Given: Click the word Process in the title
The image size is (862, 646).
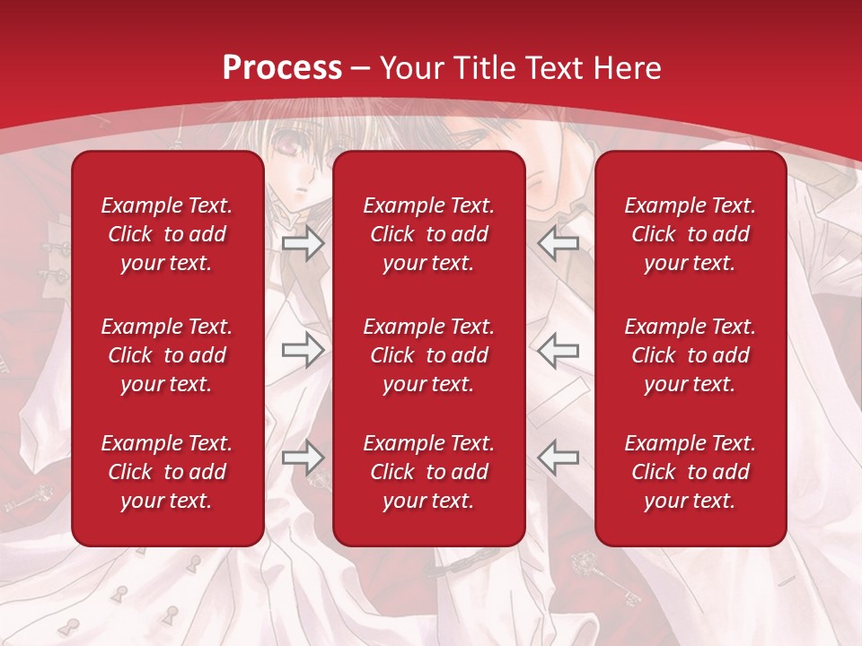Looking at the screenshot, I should (282, 67).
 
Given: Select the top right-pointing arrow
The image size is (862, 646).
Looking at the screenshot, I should (303, 242).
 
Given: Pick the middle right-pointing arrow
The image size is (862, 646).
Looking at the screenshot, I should (303, 350).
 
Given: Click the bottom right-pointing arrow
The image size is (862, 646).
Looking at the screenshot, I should (303, 458).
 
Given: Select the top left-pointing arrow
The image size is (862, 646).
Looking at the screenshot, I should (559, 242).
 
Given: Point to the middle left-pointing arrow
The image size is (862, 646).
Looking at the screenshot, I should (559, 350).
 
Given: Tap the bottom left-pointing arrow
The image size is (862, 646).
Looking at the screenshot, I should (559, 458).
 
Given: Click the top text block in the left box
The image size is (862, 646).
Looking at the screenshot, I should (167, 234).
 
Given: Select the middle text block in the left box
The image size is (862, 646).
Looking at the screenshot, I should (167, 355).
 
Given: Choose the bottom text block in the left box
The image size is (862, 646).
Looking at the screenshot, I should (167, 472).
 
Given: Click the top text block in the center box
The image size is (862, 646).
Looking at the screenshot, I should (429, 234).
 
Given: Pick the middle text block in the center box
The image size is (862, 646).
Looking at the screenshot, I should (429, 355).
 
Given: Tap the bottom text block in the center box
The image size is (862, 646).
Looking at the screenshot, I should (429, 472).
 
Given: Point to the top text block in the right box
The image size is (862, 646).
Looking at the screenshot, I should (690, 234).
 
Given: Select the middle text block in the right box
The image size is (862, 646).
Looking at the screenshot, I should (690, 355).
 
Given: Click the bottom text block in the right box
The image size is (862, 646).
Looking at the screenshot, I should (690, 472).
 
